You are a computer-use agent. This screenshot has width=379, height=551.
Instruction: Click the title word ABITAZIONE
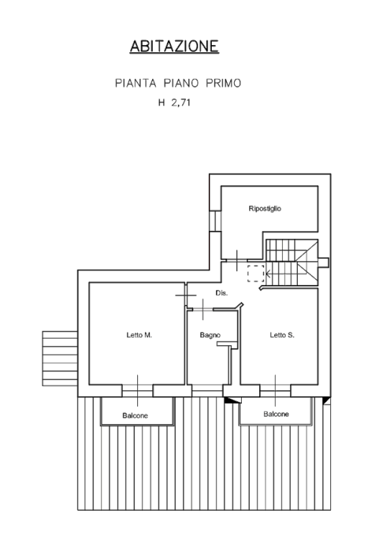point(174,46)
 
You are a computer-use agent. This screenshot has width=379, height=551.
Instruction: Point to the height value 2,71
point(181,103)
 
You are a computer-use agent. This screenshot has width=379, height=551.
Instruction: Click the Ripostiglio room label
point(265,209)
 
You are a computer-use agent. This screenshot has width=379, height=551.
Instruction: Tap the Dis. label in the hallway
point(222,293)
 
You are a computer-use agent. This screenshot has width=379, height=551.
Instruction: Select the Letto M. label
point(139,335)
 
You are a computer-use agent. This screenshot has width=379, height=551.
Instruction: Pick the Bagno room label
point(210,335)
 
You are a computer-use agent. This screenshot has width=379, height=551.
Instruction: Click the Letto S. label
point(282,335)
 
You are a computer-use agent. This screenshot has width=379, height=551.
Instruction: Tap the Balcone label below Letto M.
point(135,415)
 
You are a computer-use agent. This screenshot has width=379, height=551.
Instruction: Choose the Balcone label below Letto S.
point(276,414)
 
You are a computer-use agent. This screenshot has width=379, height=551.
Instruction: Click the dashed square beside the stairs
point(256,273)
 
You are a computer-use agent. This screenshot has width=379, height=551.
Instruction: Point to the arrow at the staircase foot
point(268,273)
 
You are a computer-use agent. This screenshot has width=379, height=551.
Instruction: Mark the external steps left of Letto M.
point(60,359)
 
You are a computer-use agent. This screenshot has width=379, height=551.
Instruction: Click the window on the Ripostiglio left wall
point(215,221)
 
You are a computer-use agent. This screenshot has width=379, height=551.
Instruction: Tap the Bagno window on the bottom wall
point(207,391)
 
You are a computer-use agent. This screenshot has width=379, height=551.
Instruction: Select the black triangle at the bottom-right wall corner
point(327,400)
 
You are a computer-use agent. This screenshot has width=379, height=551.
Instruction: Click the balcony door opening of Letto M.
point(138,391)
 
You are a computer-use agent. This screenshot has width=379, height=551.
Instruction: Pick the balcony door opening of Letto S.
point(276,391)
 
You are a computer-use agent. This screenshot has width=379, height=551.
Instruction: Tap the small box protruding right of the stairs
point(323,263)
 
